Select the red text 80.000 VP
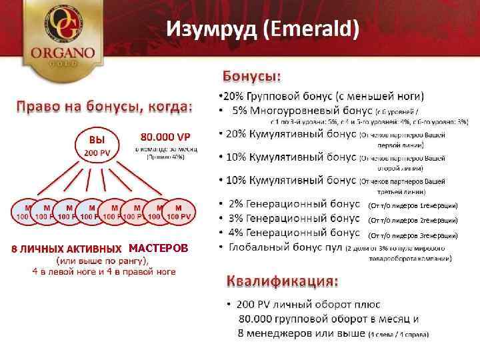163,138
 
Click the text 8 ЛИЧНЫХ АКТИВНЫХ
67,249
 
